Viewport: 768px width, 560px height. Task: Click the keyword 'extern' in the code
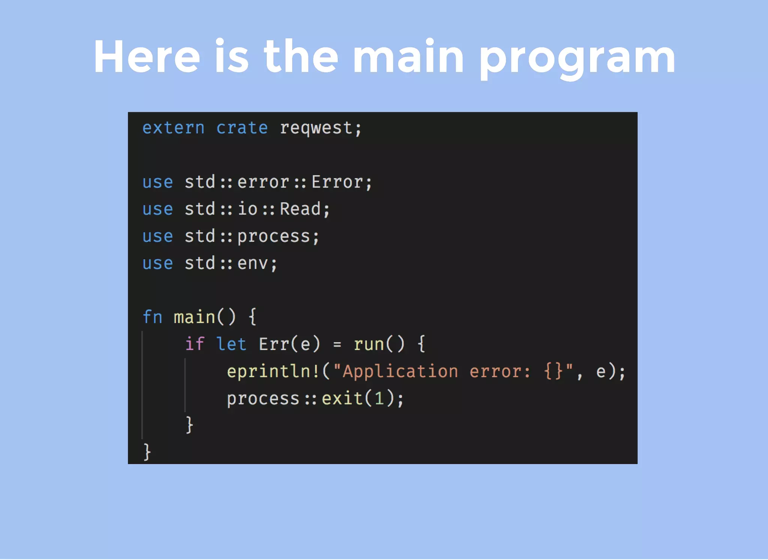(173, 128)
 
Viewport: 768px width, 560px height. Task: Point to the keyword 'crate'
(242, 128)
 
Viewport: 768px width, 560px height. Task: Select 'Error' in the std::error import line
(337, 182)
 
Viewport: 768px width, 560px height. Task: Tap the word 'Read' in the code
(300, 209)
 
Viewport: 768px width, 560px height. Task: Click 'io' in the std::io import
(247, 209)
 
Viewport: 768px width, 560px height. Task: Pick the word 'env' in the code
(252, 263)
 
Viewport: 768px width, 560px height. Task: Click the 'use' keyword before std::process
(157, 237)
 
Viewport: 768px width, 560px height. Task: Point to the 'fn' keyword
(152, 317)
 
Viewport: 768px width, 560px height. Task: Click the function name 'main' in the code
(194, 317)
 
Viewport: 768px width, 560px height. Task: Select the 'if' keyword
(195, 344)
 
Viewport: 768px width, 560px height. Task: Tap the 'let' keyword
(231, 344)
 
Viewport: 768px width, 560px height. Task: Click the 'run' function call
(369, 344)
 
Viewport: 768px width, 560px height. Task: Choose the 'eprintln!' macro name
(273, 371)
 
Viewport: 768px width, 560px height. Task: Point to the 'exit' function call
(342, 398)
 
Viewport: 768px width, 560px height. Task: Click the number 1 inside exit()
(379, 398)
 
